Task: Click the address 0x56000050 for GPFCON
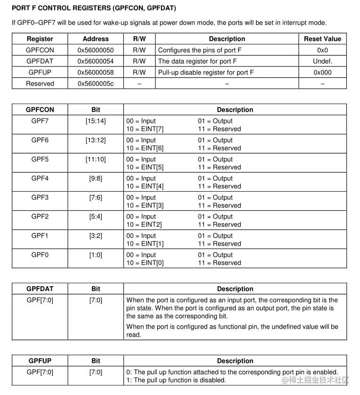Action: coord(96,50)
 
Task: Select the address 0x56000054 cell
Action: coord(96,61)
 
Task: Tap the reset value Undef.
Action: coord(322,61)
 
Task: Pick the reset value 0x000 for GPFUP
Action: coord(322,73)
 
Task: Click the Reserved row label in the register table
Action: coord(40,83)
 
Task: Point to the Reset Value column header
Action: coord(322,39)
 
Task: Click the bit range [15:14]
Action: coord(96,121)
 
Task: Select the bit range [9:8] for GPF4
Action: coord(96,178)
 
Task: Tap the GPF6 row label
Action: coord(40,140)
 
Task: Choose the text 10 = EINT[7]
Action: coord(145,129)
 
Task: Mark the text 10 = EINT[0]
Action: coord(145,263)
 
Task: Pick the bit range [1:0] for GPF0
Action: coord(96,255)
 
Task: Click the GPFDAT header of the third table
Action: coord(40,289)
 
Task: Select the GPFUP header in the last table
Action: coord(40,361)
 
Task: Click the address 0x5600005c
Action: coord(96,83)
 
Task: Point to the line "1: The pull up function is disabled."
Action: coord(176,380)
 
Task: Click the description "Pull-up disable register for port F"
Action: coord(206,73)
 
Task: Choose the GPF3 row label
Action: coord(40,197)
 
